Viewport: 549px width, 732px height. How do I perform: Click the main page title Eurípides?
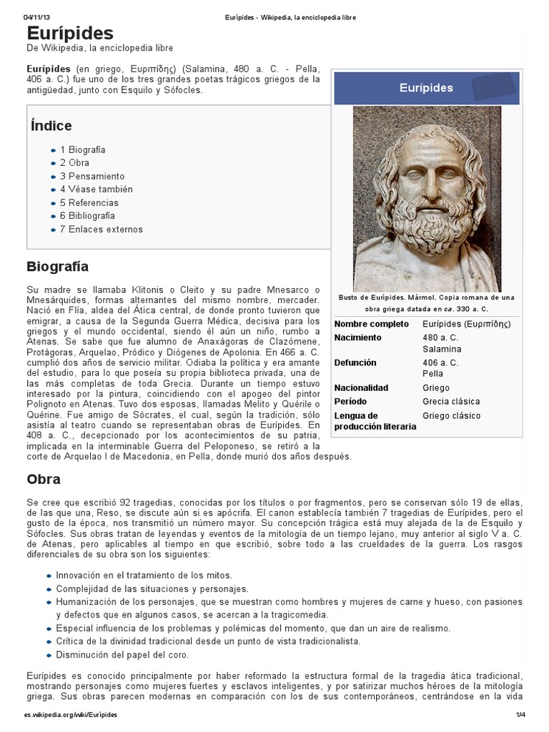pyautogui.click(x=70, y=33)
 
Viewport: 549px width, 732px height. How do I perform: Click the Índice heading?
pyautogui.click(x=51, y=126)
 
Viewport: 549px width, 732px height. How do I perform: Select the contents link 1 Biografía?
pyautogui.click(x=82, y=150)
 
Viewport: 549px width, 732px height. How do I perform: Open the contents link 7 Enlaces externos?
pyautogui.click(x=101, y=229)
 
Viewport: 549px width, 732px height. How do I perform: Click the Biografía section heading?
pyautogui.click(x=57, y=267)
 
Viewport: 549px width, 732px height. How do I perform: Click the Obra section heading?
pyautogui.click(x=43, y=479)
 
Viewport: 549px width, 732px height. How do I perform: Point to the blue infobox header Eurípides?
pyautogui.click(x=426, y=87)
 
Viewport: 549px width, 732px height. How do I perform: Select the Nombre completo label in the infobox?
pyautogui.click(x=371, y=324)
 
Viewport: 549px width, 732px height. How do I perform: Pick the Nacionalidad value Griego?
pyautogui.click(x=436, y=387)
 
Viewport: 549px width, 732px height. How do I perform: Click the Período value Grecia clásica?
pyautogui.click(x=451, y=401)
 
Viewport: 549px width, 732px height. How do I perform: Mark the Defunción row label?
pyautogui.click(x=355, y=363)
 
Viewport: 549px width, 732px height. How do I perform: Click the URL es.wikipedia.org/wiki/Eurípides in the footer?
pyautogui.click(x=70, y=715)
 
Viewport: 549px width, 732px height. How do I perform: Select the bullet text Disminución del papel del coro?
pyautogui.click(x=122, y=655)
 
